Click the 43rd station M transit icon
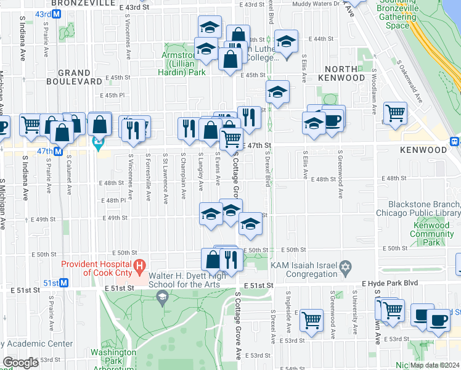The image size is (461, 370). [57, 13]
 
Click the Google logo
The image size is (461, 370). [20, 363]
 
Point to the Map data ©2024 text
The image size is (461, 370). [434, 365]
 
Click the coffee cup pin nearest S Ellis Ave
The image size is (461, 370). [333, 118]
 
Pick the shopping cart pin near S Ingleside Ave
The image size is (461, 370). [312, 319]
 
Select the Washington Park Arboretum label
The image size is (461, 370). [113, 357]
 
